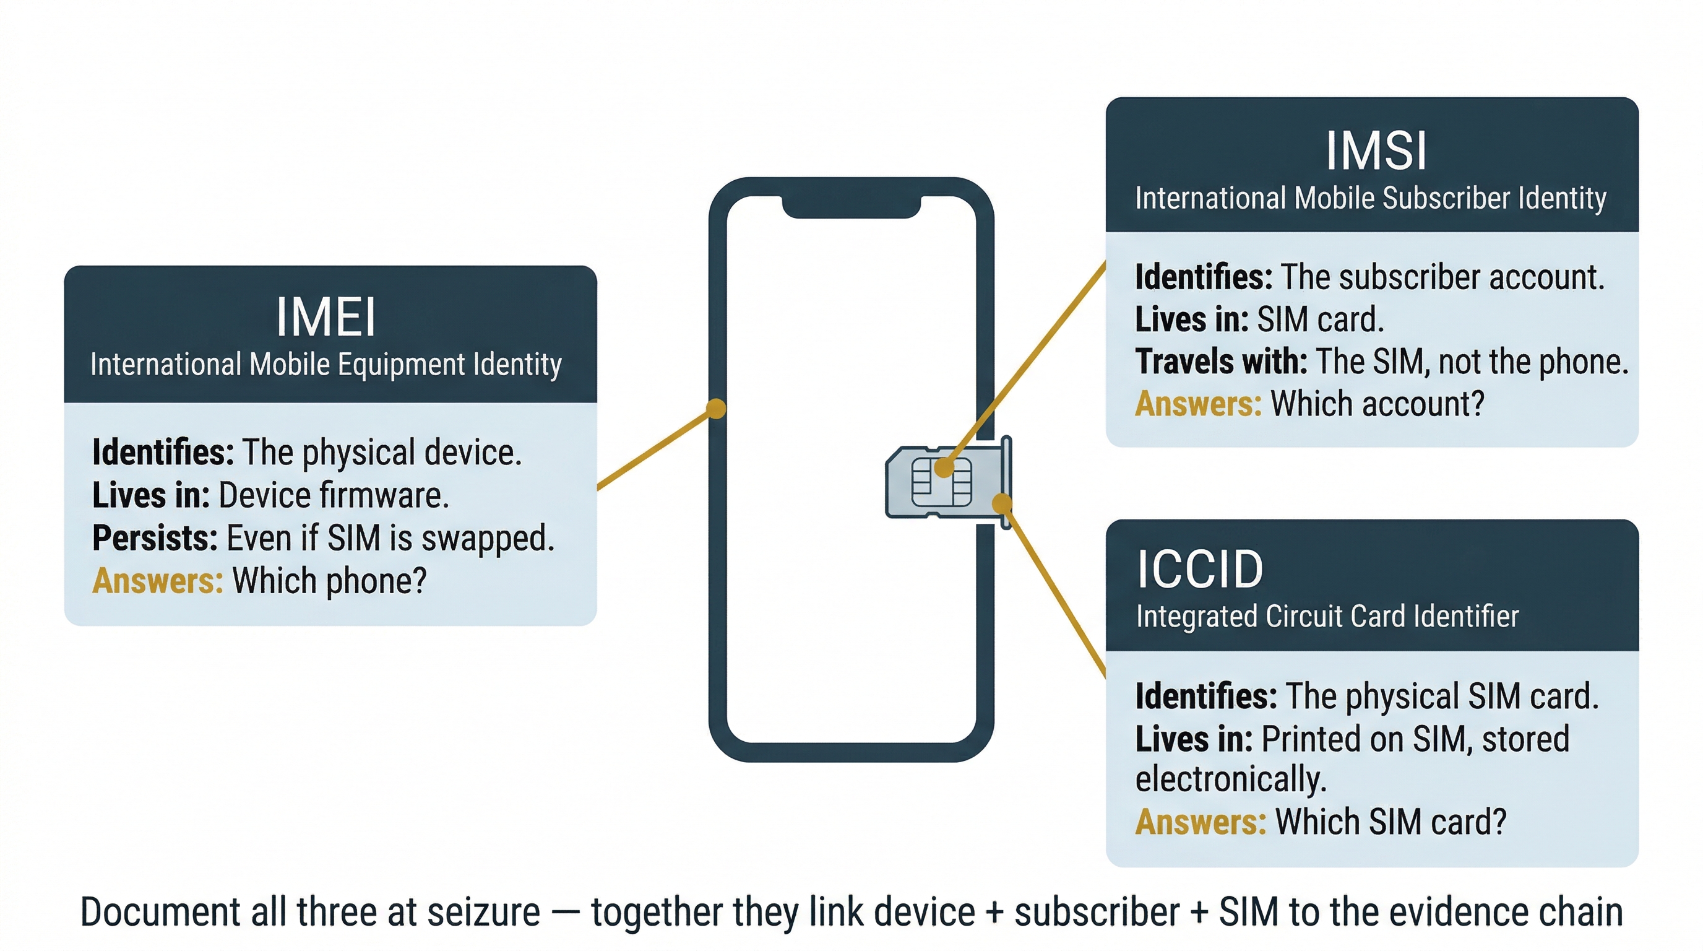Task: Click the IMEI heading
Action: [326, 318]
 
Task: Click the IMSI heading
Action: [1376, 152]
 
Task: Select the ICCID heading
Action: [1199, 570]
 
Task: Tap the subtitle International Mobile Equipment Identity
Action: [326, 365]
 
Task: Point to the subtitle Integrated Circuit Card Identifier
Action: [1327, 617]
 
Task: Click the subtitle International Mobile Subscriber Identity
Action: [1370, 198]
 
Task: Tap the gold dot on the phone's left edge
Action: [716, 409]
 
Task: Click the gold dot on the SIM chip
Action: [944, 468]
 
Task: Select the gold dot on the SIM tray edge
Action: [1002, 503]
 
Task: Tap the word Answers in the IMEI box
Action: [157, 581]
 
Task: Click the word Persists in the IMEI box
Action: [155, 538]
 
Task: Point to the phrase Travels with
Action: [1220, 362]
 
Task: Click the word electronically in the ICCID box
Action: [1230, 779]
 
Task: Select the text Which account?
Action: [1377, 404]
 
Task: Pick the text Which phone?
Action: [329, 581]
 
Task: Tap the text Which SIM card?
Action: [1390, 822]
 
